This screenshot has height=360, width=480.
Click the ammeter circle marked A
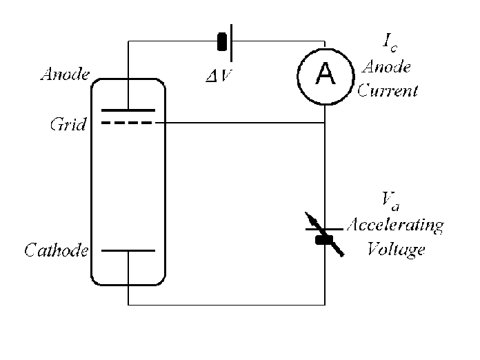click(x=325, y=75)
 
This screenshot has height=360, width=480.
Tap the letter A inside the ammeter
click(x=325, y=75)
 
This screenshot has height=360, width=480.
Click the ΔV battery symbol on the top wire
click(x=226, y=42)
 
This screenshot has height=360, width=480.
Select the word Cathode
click(x=56, y=250)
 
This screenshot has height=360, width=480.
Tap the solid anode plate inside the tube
click(x=128, y=110)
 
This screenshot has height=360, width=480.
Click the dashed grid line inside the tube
click(x=128, y=123)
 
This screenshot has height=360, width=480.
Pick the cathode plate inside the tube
click(x=128, y=251)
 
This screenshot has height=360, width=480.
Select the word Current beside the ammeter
click(x=391, y=90)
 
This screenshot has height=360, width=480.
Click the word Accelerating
click(x=394, y=226)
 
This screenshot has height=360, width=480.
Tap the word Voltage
click(x=395, y=249)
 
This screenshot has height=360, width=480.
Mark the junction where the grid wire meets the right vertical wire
click(x=325, y=123)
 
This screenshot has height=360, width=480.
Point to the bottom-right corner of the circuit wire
click(x=325, y=304)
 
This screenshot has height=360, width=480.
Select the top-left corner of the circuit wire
click(x=128, y=42)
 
